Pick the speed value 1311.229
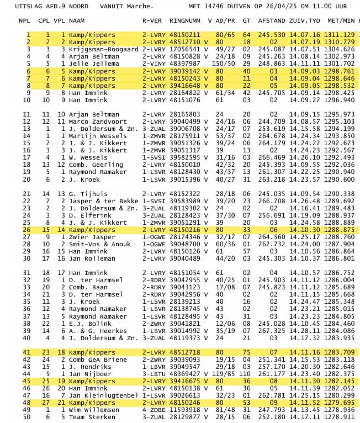click(x=341, y=35)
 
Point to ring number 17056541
click(x=185, y=49)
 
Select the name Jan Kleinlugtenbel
click(x=103, y=396)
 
